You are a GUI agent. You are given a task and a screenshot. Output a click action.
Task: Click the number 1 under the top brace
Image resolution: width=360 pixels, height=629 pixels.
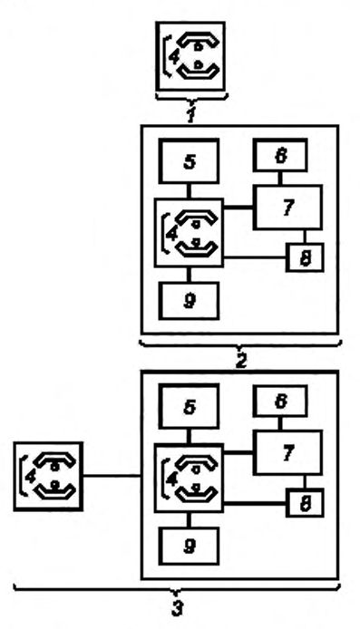191,115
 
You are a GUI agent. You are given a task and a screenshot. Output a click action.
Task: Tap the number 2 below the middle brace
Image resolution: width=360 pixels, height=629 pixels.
240,360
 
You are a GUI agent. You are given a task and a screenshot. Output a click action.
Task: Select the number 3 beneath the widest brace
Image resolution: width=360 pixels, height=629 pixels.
178,607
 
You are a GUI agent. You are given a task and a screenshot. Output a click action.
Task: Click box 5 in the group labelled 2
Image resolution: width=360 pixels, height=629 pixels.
189,161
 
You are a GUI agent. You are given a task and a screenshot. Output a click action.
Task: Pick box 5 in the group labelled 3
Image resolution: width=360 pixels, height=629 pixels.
189,406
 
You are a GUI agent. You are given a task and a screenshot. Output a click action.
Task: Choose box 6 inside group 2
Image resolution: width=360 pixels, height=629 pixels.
280,155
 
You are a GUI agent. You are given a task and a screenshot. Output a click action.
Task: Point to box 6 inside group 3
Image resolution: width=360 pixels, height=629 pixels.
280,401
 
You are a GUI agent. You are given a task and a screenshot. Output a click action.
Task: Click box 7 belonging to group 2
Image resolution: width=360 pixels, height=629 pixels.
287,207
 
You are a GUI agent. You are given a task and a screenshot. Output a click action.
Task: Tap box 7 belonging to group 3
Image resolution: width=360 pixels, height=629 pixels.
287,452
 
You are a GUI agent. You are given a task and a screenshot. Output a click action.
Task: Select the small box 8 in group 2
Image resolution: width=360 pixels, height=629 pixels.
305,257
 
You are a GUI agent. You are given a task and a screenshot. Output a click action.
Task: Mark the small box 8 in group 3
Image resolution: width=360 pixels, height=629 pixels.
305,503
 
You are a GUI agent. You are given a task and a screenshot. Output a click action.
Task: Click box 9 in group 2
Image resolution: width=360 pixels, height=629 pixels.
189,301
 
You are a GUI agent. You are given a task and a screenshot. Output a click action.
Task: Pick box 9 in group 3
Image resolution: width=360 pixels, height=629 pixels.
189,546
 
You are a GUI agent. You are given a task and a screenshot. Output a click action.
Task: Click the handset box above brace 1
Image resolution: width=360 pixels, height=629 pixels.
190,56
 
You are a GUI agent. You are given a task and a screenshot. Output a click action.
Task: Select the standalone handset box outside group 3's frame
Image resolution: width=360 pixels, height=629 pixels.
48,476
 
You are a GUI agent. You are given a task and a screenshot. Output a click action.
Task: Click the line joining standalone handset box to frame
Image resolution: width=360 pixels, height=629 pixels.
112,476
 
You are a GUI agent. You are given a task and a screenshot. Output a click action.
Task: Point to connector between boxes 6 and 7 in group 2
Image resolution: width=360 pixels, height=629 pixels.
279,179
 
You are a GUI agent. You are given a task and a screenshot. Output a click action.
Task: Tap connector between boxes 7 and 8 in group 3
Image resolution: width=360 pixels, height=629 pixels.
305,482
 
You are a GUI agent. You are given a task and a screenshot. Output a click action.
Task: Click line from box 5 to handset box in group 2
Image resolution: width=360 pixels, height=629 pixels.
189,191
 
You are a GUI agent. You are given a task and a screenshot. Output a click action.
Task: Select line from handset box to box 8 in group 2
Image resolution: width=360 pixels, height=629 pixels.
255,257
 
